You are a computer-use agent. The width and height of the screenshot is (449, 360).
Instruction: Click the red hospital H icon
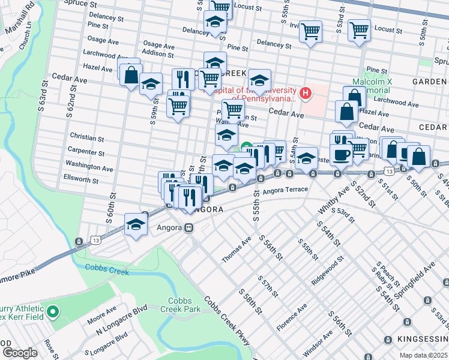(306, 93)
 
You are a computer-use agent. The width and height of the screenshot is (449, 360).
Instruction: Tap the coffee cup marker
(341, 155)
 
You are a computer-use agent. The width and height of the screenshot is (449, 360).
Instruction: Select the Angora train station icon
(188, 228)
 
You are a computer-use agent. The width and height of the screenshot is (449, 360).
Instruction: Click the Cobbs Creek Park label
(179, 305)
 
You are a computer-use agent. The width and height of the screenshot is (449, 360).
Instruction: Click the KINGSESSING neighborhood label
(418, 340)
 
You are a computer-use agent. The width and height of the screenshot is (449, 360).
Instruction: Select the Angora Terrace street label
(285, 190)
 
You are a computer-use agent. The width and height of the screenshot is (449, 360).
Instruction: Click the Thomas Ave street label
(237, 249)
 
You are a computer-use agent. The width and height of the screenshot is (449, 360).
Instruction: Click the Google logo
(20, 353)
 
